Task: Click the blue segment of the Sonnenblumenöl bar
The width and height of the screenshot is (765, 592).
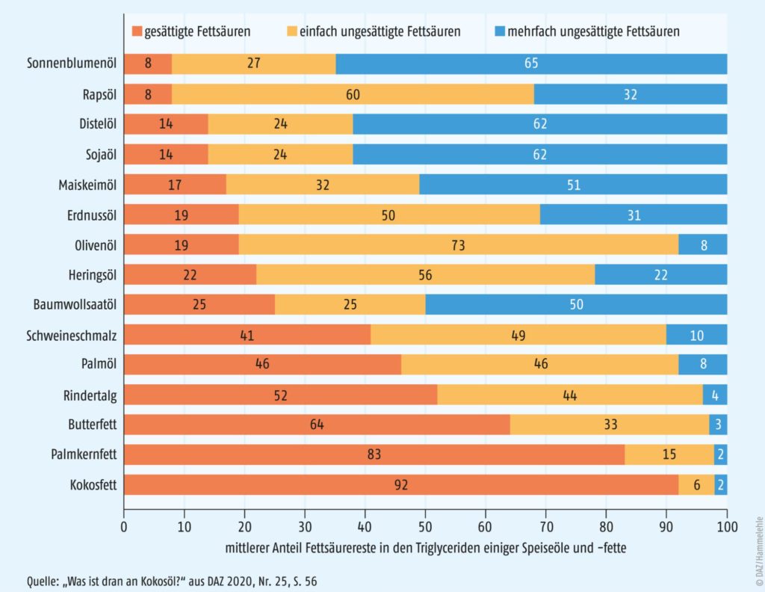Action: coord(531,64)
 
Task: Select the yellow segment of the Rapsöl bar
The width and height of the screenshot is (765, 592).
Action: coord(353,94)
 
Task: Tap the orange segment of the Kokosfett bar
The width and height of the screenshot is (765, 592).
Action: coord(401,485)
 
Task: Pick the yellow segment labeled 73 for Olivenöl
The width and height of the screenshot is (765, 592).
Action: coord(459,244)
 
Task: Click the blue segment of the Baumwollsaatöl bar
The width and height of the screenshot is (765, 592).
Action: coord(576,304)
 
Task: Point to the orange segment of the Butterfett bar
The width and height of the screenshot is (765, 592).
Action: coord(317,425)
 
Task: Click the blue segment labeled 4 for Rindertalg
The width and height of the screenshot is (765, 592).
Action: coord(715,395)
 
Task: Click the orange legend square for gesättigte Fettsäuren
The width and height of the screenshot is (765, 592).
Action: coord(136,31)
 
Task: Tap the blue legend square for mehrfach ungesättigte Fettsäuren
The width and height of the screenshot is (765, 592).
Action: coord(500,31)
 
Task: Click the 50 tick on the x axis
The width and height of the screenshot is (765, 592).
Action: coord(426,525)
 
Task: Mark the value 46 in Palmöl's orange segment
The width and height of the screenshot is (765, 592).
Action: coord(262,365)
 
